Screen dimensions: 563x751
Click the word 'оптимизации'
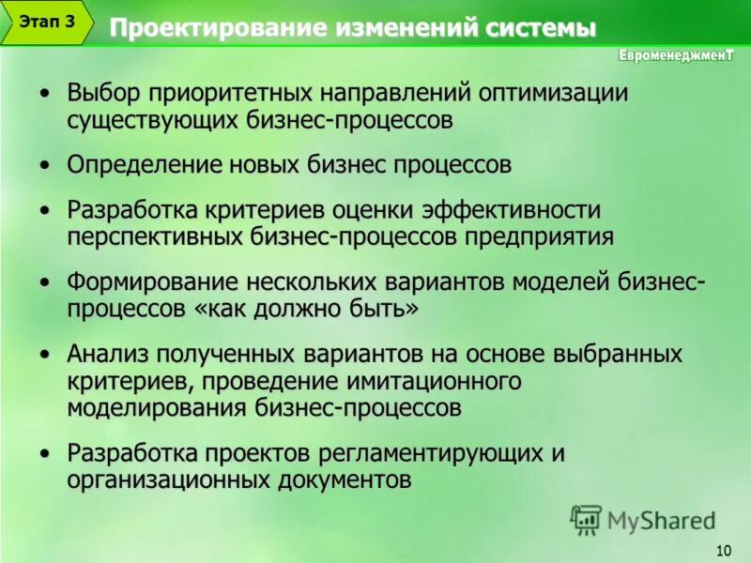tap(553, 94)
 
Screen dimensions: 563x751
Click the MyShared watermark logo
tap(643, 519)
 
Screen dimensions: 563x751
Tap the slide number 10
tap(723, 550)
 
